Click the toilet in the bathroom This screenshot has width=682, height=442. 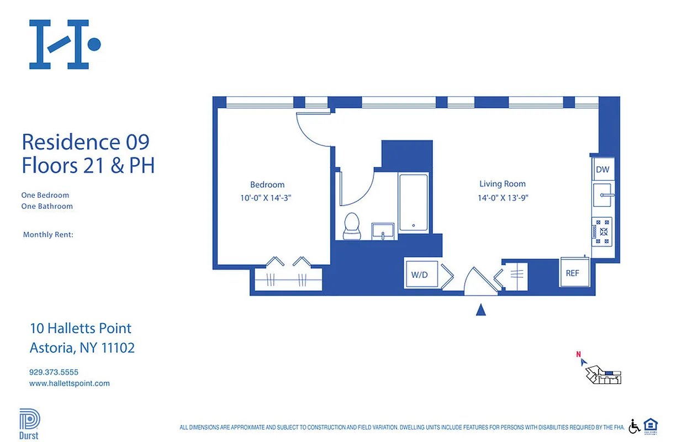click(x=351, y=226)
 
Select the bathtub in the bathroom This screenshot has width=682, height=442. click(x=414, y=203)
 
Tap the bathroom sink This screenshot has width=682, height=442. click(x=384, y=230)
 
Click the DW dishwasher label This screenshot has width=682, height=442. click(x=602, y=170)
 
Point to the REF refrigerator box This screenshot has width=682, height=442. click(x=573, y=272)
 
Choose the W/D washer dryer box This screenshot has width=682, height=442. click(x=420, y=274)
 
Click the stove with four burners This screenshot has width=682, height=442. click(x=602, y=231)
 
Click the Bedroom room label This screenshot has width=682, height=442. click(x=267, y=185)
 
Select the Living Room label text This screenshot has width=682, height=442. click(x=503, y=184)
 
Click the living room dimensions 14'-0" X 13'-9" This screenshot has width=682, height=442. click(x=503, y=198)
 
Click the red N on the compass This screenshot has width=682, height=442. click(x=578, y=355)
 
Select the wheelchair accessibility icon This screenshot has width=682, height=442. click(x=635, y=427)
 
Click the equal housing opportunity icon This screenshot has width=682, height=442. click(x=651, y=426)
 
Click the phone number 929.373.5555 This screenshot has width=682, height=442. click(x=54, y=372)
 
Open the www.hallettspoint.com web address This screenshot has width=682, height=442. click(x=70, y=383)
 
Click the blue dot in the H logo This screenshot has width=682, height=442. click(x=94, y=44)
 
